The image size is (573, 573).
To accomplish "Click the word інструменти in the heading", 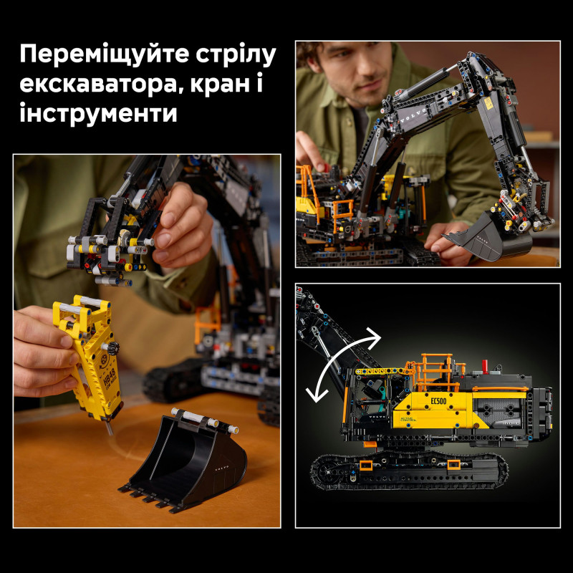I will (x=99, y=113).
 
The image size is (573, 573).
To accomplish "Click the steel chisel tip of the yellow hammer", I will (x=109, y=428).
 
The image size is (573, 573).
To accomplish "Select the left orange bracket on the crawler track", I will (x=366, y=466).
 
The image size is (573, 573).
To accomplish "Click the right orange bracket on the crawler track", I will (x=453, y=466).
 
